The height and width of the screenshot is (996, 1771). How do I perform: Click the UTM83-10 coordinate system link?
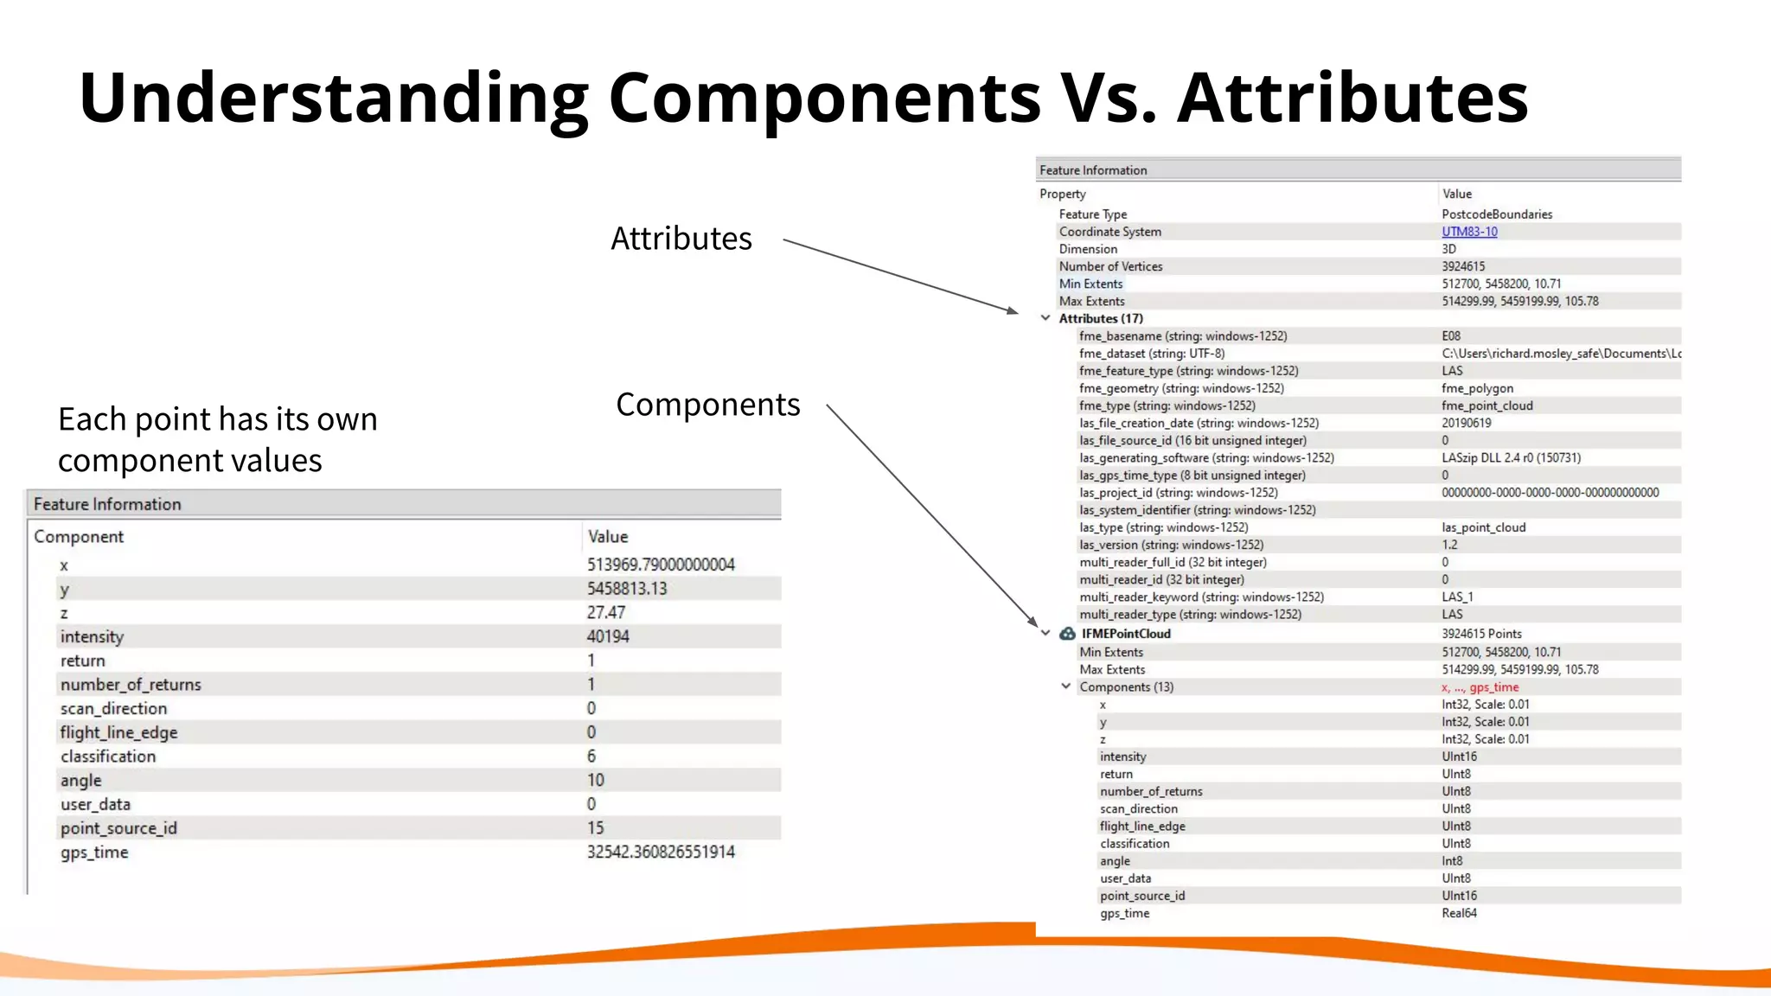(x=1468, y=232)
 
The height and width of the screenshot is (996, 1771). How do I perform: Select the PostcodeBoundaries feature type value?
(x=1496, y=214)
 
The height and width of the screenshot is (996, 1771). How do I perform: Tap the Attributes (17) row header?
(x=1100, y=318)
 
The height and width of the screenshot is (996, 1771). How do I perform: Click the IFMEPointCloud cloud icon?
(x=1067, y=634)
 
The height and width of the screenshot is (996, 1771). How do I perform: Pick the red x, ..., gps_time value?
(x=1479, y=687)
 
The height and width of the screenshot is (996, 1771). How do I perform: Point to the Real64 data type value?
(x=1459, y=913)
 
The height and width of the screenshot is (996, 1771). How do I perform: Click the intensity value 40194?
(x=608, y=636)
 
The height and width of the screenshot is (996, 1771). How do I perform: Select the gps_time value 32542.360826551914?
(x=661, y=852)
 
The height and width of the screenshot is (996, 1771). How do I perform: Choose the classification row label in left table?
(x=108, y=757)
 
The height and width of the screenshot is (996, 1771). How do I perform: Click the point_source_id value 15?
(x=595, y=828)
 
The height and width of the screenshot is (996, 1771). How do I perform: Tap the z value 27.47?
(x=605, y=612)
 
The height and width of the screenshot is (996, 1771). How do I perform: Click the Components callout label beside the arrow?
(x=707, y=405)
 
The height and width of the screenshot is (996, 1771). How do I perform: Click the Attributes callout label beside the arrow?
(x=681, y=239)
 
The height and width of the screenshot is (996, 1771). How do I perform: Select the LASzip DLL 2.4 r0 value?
(x=1510, y=457)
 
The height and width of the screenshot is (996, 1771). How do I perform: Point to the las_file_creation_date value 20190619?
(x=1466, y=423)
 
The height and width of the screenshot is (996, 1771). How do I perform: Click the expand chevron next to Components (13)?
(x=1065, y=686)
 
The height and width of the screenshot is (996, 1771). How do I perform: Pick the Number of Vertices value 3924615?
(x=1462, y=266)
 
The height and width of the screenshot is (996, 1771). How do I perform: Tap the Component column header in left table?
(x=79, y=536)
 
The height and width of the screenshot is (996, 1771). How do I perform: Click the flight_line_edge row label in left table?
(x=118, y=732)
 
